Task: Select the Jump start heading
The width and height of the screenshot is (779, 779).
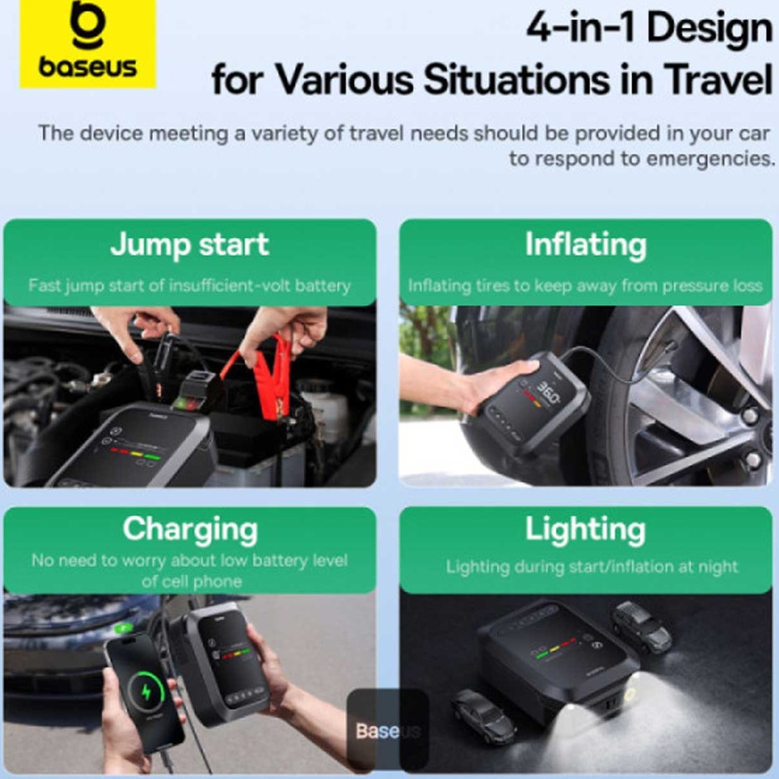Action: (x=189, y=245)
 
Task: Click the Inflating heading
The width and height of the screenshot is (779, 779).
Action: (x=586, y=246)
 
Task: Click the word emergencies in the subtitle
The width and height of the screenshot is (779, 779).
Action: (x=710, y=159)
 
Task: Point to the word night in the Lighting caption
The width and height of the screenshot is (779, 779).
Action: (x=718, y=567)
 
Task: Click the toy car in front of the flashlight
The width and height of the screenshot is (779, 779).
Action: (x=483, y=716)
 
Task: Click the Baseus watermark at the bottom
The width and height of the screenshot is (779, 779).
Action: (x=388, y=730)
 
